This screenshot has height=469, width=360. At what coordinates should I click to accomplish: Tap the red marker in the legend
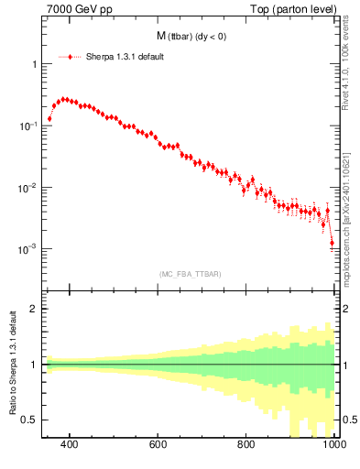click(70, 56)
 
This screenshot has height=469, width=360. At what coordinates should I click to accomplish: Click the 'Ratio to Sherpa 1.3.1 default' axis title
click(12, 365)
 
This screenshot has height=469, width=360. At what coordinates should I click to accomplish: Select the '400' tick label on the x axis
click(69, 445)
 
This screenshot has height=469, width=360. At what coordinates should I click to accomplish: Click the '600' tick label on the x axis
click(158, 445)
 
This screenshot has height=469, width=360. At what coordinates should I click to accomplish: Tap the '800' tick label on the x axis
click(246, 445)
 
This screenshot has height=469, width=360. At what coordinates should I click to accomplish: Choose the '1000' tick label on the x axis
click(333, 445)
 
